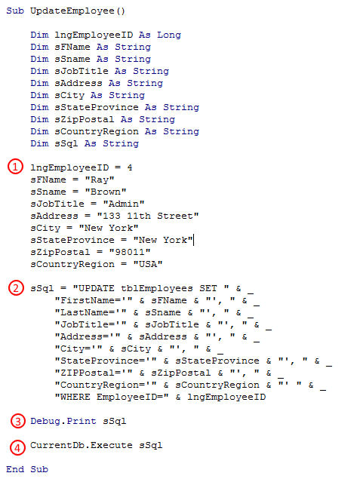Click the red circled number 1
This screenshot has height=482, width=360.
[x=15, y=167]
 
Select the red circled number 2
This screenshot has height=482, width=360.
[x=16, y=288]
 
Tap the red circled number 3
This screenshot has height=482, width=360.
[x=18, y=421]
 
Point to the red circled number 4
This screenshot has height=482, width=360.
[x=17, y=447]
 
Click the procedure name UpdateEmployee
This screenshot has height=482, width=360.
[x=72, y=11]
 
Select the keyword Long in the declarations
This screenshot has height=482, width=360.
[x=169, y=35]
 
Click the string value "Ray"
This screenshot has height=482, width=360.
[x=100, y=180]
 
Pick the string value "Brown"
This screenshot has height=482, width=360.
[x=106, y=192]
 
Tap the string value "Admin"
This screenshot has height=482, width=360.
[x=124, y=204]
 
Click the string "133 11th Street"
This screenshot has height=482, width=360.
[x=148, y=216]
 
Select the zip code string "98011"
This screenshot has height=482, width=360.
[x=130, y=252]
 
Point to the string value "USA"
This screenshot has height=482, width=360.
[x=148, y=264]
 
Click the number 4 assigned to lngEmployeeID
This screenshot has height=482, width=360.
[x=130, y=167]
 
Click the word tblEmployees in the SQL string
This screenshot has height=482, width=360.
[x=157, y=289]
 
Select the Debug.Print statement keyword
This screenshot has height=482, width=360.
[x=63, y=421]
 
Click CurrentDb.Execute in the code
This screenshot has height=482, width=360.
[x=82, y=446]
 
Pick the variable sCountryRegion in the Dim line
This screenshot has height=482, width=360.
[x=97, y=131]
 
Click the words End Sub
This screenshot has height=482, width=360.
[x=27, y=469]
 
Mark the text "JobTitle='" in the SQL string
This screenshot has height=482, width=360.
[x=91, y=324]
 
